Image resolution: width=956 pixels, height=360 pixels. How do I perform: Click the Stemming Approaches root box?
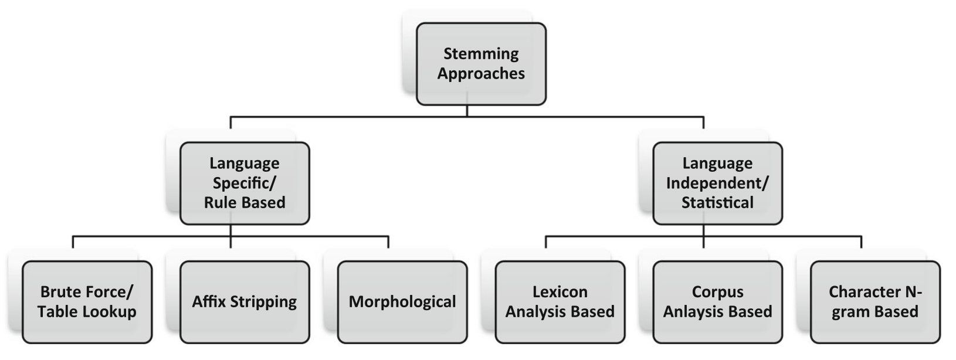coord(481,64)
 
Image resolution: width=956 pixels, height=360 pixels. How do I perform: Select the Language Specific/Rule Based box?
coord(245,183)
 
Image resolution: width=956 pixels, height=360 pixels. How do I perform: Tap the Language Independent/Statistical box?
coord(717,183)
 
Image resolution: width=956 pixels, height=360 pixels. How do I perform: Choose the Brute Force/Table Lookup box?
coord(87,302)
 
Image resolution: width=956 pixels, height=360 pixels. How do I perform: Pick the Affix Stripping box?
coord(245,302)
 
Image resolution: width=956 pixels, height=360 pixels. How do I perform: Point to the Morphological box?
coord(402,302)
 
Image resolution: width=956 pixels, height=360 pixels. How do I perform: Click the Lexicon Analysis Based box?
coord(560,302)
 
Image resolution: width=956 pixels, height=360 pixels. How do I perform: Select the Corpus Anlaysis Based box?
coord(717,302)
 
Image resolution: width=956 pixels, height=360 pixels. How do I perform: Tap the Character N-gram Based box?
coord(875,302)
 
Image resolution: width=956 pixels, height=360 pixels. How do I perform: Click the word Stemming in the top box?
coord(481,54)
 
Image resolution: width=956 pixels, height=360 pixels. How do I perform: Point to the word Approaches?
coord(481,74)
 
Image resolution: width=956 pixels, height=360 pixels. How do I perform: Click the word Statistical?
coord(717,203)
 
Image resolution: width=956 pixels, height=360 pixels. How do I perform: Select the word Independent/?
coord(717,183)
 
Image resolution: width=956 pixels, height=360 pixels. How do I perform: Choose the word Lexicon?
coord(560,292)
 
